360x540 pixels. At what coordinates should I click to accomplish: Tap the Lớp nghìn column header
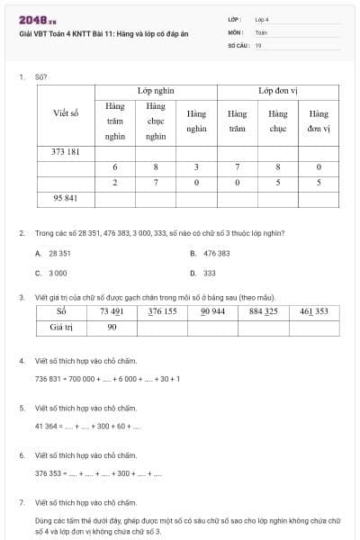coord(156,92)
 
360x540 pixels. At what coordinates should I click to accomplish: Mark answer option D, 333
coord(209,272)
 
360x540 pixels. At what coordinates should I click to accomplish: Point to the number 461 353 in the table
coord(314,312)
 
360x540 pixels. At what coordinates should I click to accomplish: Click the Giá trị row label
coord(62,327)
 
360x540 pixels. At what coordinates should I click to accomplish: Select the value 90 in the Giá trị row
coord(112,327)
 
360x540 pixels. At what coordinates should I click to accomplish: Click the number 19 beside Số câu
coord(258,45)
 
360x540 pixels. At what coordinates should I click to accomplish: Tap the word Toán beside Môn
coord(261,31)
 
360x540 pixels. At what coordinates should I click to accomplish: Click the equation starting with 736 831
coord(107,378)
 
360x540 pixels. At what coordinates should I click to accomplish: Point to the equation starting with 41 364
coord(88,426)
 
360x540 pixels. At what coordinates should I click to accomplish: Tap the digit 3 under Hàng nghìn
coord(196,167)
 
